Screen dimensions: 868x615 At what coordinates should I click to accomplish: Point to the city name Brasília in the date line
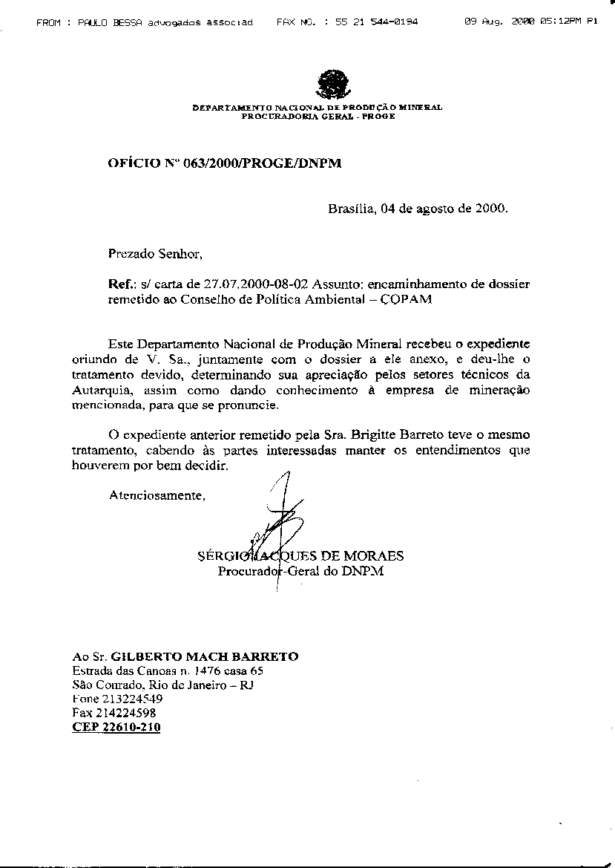point(352,209)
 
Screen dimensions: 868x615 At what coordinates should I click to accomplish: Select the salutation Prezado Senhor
point(154,253)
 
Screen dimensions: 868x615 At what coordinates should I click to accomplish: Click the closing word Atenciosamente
point(156,495)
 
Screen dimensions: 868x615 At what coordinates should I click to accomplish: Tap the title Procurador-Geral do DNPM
point(300,571)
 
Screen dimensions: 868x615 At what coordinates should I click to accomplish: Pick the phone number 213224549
point(133,699)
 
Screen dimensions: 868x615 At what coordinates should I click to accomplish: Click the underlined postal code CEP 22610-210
point(116,727)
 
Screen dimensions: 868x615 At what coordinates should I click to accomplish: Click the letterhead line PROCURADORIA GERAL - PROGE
point(318,117)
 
